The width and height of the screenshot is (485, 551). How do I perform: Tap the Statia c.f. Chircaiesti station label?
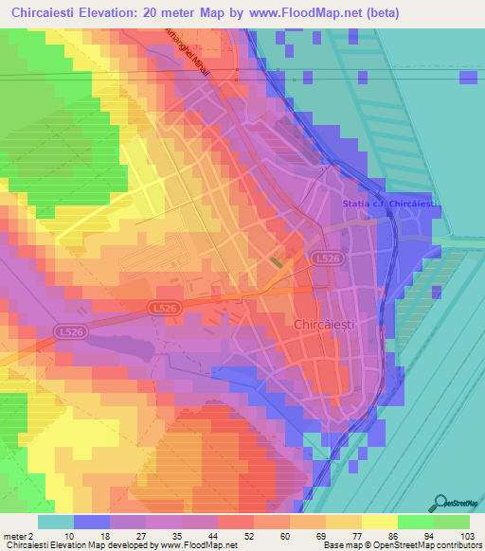pyautogui.click(x=388, y=204)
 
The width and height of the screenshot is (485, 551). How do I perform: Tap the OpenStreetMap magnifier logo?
pyautogui.click(x=440, y=503)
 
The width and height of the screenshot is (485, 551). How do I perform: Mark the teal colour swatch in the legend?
pyautogui.click(x=56, y=522)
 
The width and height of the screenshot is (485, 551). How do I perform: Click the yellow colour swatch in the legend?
pyautogui.click(x=379, y=522)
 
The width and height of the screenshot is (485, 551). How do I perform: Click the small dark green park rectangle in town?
pyautogui.click(x=276, y=262)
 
